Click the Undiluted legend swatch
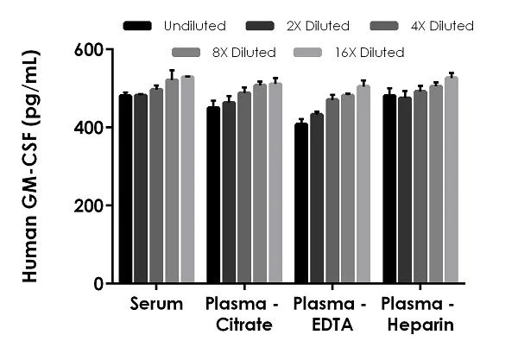(138, 26)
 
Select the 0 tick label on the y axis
(98, 283)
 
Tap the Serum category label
(156, 305)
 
